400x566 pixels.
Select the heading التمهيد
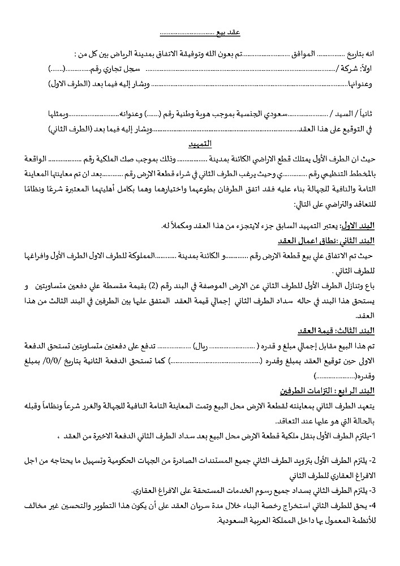[x=200, y=143]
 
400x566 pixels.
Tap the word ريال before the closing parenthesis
[x=202, y=345]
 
